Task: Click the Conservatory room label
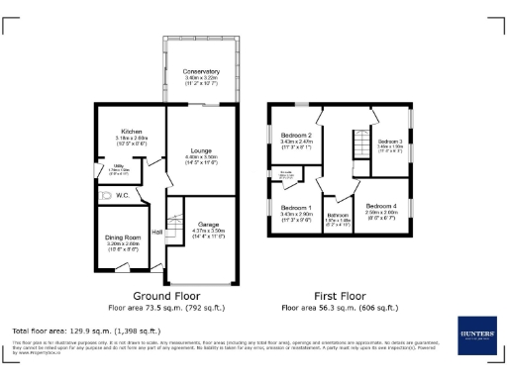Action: click(201, 72)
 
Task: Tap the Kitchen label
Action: click(132, 132)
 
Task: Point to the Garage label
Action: click(208, 224)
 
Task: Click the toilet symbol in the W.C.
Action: click(106, 196)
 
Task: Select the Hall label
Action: click(156, 233)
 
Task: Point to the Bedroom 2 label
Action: click(296, 136)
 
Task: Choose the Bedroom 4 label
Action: click(380, 205)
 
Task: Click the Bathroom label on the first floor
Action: click(339, 215)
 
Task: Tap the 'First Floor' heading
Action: click(339, 295)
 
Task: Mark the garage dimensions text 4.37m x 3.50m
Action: click(208, 231)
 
